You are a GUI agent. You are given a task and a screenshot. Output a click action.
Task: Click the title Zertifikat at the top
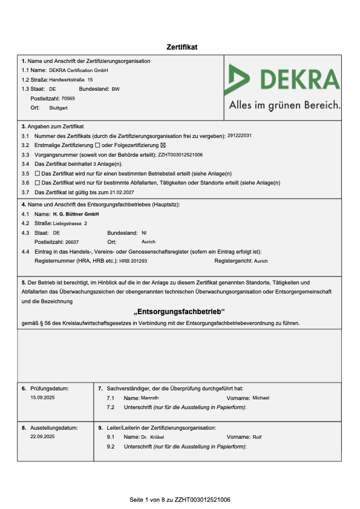tap(182, 47)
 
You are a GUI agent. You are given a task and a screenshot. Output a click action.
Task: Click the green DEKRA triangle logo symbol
tap(238, 79)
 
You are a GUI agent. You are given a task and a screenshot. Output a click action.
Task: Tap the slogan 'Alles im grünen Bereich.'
tap(284, 105)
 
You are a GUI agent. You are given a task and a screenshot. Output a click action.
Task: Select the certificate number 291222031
tap(240, 136)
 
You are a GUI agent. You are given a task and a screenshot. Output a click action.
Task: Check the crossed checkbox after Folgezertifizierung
tap(163, 145)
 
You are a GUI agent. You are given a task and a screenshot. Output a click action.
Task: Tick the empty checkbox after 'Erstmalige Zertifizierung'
tap(98, 145)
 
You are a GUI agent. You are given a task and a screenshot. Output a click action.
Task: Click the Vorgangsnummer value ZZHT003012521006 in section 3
tap(180, 154)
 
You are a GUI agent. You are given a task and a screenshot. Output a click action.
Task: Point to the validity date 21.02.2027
tap(122, 192)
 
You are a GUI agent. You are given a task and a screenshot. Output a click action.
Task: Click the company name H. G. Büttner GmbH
tap(76, 214)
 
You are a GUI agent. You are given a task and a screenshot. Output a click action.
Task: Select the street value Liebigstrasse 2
tap(70, 223)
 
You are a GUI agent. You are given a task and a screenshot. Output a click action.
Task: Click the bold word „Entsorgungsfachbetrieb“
tap(179, 312)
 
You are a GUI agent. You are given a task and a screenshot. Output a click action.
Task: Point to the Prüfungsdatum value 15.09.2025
tap(42, 398)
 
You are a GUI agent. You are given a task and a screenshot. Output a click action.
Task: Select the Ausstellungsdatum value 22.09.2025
tap(42, 436)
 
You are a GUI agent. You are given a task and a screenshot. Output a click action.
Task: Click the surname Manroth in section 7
tap(150, 398)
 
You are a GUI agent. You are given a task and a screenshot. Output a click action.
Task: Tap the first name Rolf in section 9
tap(257, 436)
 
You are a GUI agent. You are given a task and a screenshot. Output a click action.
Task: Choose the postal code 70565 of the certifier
tap(68, 98)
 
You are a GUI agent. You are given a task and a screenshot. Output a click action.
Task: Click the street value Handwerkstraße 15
tap(71, 79)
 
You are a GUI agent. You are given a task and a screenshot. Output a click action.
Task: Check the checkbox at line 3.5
tap(38, 173)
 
